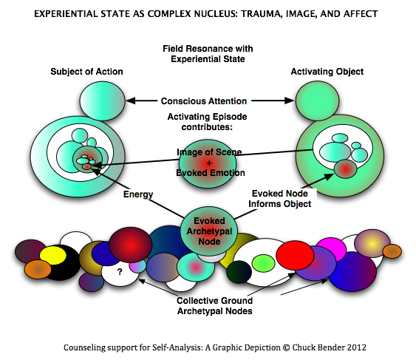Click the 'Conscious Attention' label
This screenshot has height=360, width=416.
[204, 101]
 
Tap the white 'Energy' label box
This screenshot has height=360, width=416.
[139, 194]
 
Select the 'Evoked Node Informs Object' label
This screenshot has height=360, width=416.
[280, 198]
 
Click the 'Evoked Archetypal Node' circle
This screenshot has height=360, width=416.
[209, 231]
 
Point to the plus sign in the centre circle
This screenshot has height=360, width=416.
[209, 161]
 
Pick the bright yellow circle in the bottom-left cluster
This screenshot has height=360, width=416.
[53, 256]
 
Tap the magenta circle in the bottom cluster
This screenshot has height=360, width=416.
[331, 249]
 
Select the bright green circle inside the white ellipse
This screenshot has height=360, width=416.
[263, 263]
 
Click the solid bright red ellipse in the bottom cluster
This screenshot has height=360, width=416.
[296, 256]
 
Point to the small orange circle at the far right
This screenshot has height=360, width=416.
[392, 251]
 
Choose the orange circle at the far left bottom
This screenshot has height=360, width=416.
[38, 270]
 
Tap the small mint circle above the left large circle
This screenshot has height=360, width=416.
[103, 101]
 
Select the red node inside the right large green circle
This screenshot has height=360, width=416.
[345, 169]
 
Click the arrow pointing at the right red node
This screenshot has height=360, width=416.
[321, 179]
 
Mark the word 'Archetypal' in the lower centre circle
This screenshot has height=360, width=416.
[209, 231]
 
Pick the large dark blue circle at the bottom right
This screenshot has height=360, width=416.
[352, 271]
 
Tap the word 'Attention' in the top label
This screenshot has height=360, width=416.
[226, 101]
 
